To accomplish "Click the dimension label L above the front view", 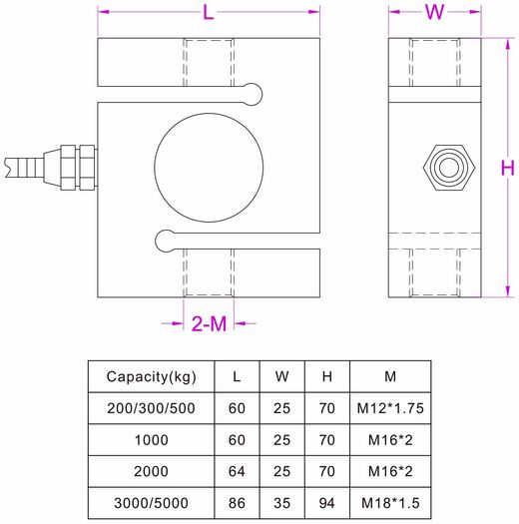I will point(208,13).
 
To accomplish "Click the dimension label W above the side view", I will point(434,13).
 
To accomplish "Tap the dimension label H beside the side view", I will point(506,167).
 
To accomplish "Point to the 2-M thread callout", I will point(209,323).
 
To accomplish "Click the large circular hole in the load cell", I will point(209,163).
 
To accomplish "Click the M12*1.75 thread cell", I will point(388,408).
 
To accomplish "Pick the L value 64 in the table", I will point(236,470).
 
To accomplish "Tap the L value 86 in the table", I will point(236,501).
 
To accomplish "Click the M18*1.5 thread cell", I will point(388,501).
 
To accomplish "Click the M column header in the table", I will point(388,376).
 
